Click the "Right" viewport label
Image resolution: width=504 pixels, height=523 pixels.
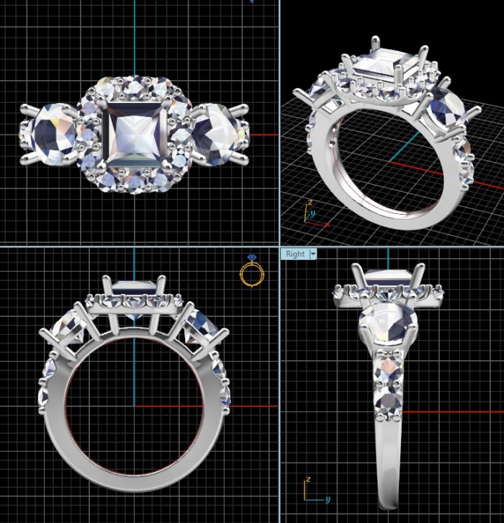click(295, 254)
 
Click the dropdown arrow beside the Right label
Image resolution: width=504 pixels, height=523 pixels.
click(312, 254)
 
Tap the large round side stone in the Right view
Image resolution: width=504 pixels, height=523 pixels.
click(388, 323)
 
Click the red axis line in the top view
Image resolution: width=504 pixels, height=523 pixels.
click(263, 135)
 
